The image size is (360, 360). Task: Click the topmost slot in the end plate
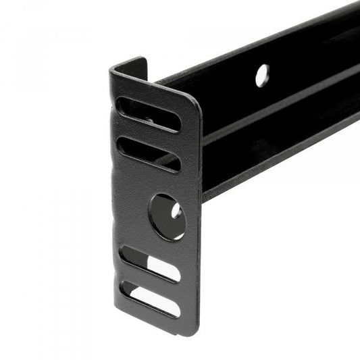tap(149, 115)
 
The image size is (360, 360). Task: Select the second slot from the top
tap(149, 155)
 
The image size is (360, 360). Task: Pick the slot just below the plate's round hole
tap(150, 263)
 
